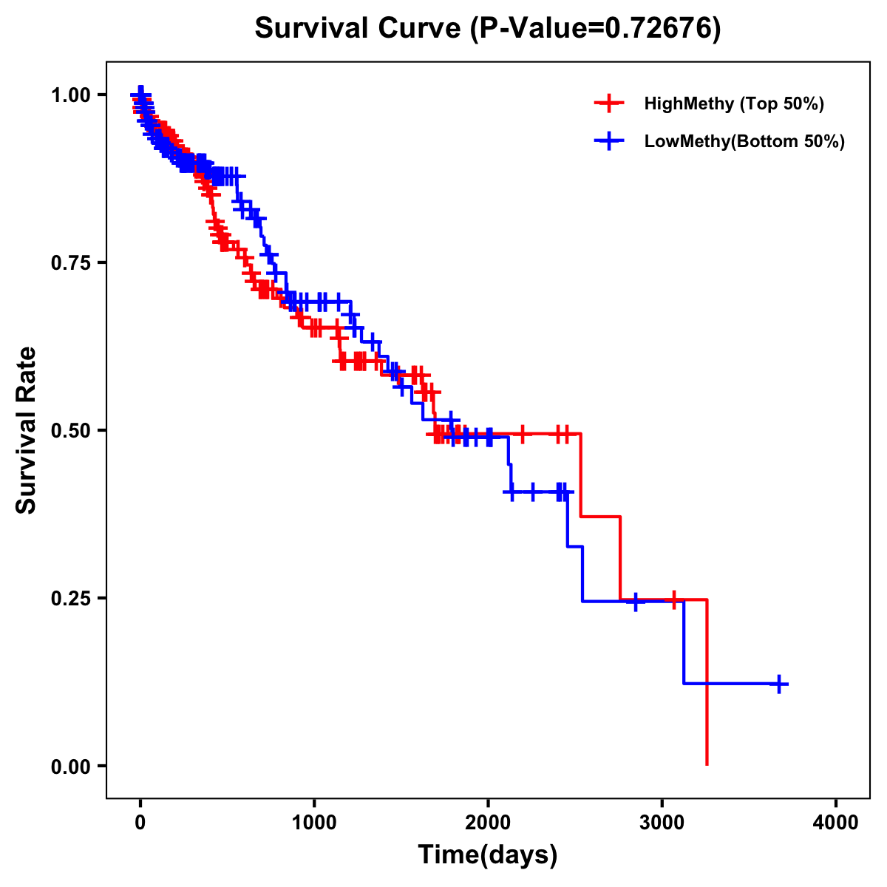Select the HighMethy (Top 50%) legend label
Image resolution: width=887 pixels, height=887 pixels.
coord(733,103)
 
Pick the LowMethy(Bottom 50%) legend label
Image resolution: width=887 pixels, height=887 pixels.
coord(744,141)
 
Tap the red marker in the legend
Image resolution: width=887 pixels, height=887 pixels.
coord(609,103)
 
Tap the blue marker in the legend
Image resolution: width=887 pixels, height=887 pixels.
coord(609,141)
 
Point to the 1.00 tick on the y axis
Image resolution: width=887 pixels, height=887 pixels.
coord(70,95)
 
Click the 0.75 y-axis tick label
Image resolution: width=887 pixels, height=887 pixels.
coord(70,262)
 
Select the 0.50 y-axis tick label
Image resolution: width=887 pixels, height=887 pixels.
coord(70,430)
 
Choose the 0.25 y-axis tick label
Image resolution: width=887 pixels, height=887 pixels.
coord(70,598)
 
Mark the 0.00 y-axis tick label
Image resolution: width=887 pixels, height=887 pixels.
coord(70,766)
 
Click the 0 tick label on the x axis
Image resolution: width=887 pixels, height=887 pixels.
coord(140,823)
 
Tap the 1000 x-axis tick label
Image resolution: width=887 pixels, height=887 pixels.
coord(314,823)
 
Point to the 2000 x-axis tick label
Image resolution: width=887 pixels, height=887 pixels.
coord(488,823)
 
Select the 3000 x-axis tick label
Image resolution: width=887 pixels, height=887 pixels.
coord(662,823)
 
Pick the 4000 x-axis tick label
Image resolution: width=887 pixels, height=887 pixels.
coord(836,823)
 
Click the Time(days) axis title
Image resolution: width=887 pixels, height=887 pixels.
coord(488,854)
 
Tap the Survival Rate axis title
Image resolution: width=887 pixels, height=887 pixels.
coord(27,430)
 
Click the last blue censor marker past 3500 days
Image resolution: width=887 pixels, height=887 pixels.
coord(778,684)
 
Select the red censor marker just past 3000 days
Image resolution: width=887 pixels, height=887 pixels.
coord(673,599)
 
